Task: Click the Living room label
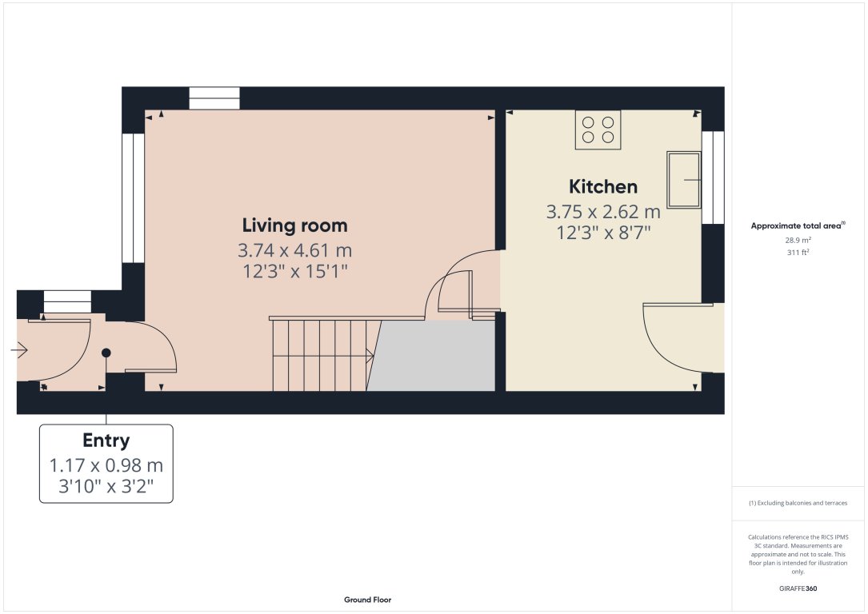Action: click(x=294, y=225)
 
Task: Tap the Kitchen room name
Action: click(x=602, y=186)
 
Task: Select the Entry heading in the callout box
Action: click(x=106, y=441)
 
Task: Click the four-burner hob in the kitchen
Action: click(x=598, y=130)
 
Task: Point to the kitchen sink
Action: click(x=684, y=180)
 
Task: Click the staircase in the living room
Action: click(x=320, y=356)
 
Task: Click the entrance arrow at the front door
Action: click(x=20, y=350)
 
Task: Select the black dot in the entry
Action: click(x=106, y=353)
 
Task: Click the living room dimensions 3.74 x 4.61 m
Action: click(x=294, y=250)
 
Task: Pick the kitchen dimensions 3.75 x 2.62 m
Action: click(x=602, y=212)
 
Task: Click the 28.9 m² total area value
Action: click(x=798, y=240)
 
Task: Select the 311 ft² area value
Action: click(x=798, y=252)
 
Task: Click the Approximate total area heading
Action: click(x=798, y=226)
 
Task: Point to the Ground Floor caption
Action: click(x=367, y=600)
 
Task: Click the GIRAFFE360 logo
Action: click(x=798, y=588)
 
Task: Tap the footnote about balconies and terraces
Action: click(x=798, y=503)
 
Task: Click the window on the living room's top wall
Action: click(x=214, y=98)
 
